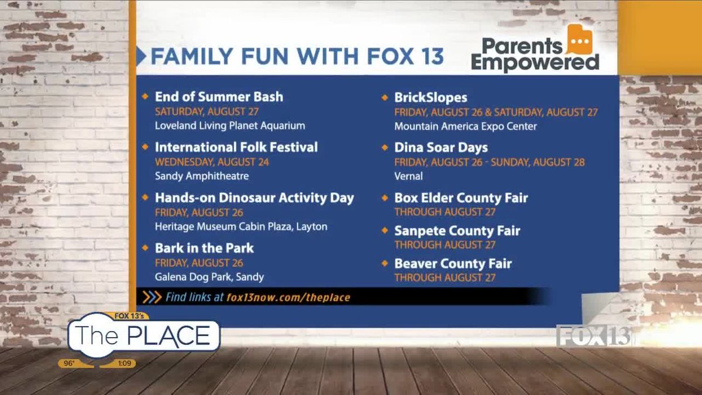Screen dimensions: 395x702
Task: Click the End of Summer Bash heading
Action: pyautogui.click(x=219, y=97)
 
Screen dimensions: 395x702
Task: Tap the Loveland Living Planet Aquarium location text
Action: pyautogui.click(x=230, y=125)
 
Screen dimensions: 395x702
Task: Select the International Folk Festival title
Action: pyautogui.click(x=236, y=147)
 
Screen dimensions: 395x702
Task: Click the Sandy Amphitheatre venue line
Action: pyautogui.click(x=201, y=176)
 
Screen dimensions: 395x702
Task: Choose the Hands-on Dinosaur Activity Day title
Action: pyautogui.click(x=254, y=197)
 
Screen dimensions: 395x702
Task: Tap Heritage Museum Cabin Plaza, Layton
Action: pyautogui.click(x=240, y=226)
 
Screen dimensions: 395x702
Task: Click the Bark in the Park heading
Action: pyautogui.click(x=204, y=248)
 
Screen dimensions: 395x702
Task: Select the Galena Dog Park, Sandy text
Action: pyautogui.click(x=209, y=276)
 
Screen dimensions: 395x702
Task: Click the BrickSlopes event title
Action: pyautogui.click(x=431, y=98)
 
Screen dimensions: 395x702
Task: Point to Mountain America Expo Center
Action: pyautogui.click(x=465, y=126)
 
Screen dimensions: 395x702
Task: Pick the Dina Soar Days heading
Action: pyautogui.click(x=441, y=147)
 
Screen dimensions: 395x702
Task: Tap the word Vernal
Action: pyautogui.click(x=408, y=176)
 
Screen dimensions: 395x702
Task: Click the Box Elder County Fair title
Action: pyautogui.click(x=461, y=198)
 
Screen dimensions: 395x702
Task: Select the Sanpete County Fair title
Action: pyautogui.click(x=457, y=231)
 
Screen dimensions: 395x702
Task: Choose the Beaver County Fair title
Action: pyautogui.click(x=453, y=263)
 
